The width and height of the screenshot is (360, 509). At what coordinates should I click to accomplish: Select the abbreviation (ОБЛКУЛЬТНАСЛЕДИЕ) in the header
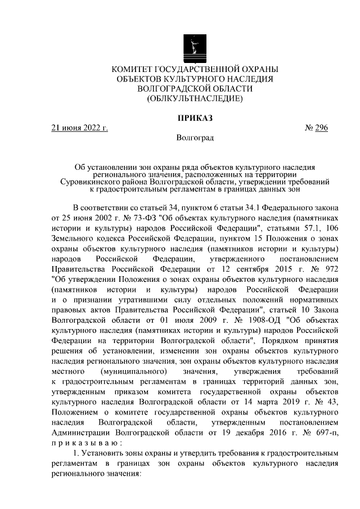point(195,99)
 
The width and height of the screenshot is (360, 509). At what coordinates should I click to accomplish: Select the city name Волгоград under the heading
point(195,137)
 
